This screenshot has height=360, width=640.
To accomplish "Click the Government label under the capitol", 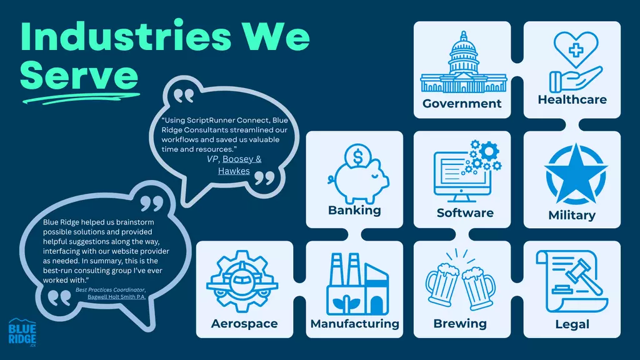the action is (462, 104).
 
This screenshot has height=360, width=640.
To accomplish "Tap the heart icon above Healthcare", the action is (576, 49).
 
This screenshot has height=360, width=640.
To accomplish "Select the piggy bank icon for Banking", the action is (358, 179).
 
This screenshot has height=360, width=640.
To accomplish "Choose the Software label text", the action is (465, 213).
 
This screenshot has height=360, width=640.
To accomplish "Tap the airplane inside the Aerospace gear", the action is (242, 281).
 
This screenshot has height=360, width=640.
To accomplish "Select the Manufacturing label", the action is (355, 324).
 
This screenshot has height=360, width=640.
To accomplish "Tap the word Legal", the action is (572, 324).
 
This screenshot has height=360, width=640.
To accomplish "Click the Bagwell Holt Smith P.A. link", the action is (117, 297).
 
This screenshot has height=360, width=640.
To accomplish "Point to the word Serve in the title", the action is (79, 75).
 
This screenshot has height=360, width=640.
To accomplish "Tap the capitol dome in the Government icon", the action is (464, 51).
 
